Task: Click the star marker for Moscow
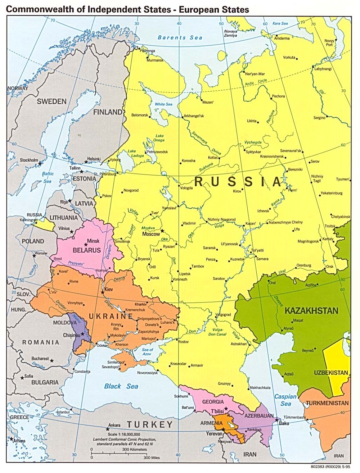coord(162,231)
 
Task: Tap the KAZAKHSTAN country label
coord(311,310)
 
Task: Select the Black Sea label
coord(121,386)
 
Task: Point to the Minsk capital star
coord(86,244)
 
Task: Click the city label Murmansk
coord(155,60)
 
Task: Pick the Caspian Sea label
coord(285,400)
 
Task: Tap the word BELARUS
coord(87,250)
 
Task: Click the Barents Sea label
coord(180,37)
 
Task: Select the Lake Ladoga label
coord(135,154)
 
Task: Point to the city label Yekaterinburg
coord(331,193)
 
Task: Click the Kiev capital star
coord(103,292)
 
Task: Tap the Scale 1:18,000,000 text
coord(121,435)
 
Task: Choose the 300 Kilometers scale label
coord(134,449)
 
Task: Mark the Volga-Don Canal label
coord(217,332)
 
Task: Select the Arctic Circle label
coord(256,82)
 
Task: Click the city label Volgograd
coord(223,314)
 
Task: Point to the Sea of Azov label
coord(147,352)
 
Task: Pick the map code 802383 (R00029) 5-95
coord(329,467)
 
